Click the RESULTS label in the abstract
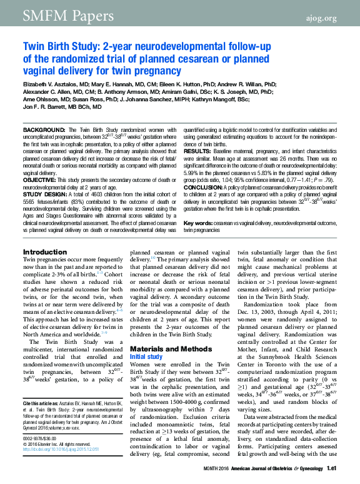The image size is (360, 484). tap(197, 152)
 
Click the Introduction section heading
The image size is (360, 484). tap(45, 252)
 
